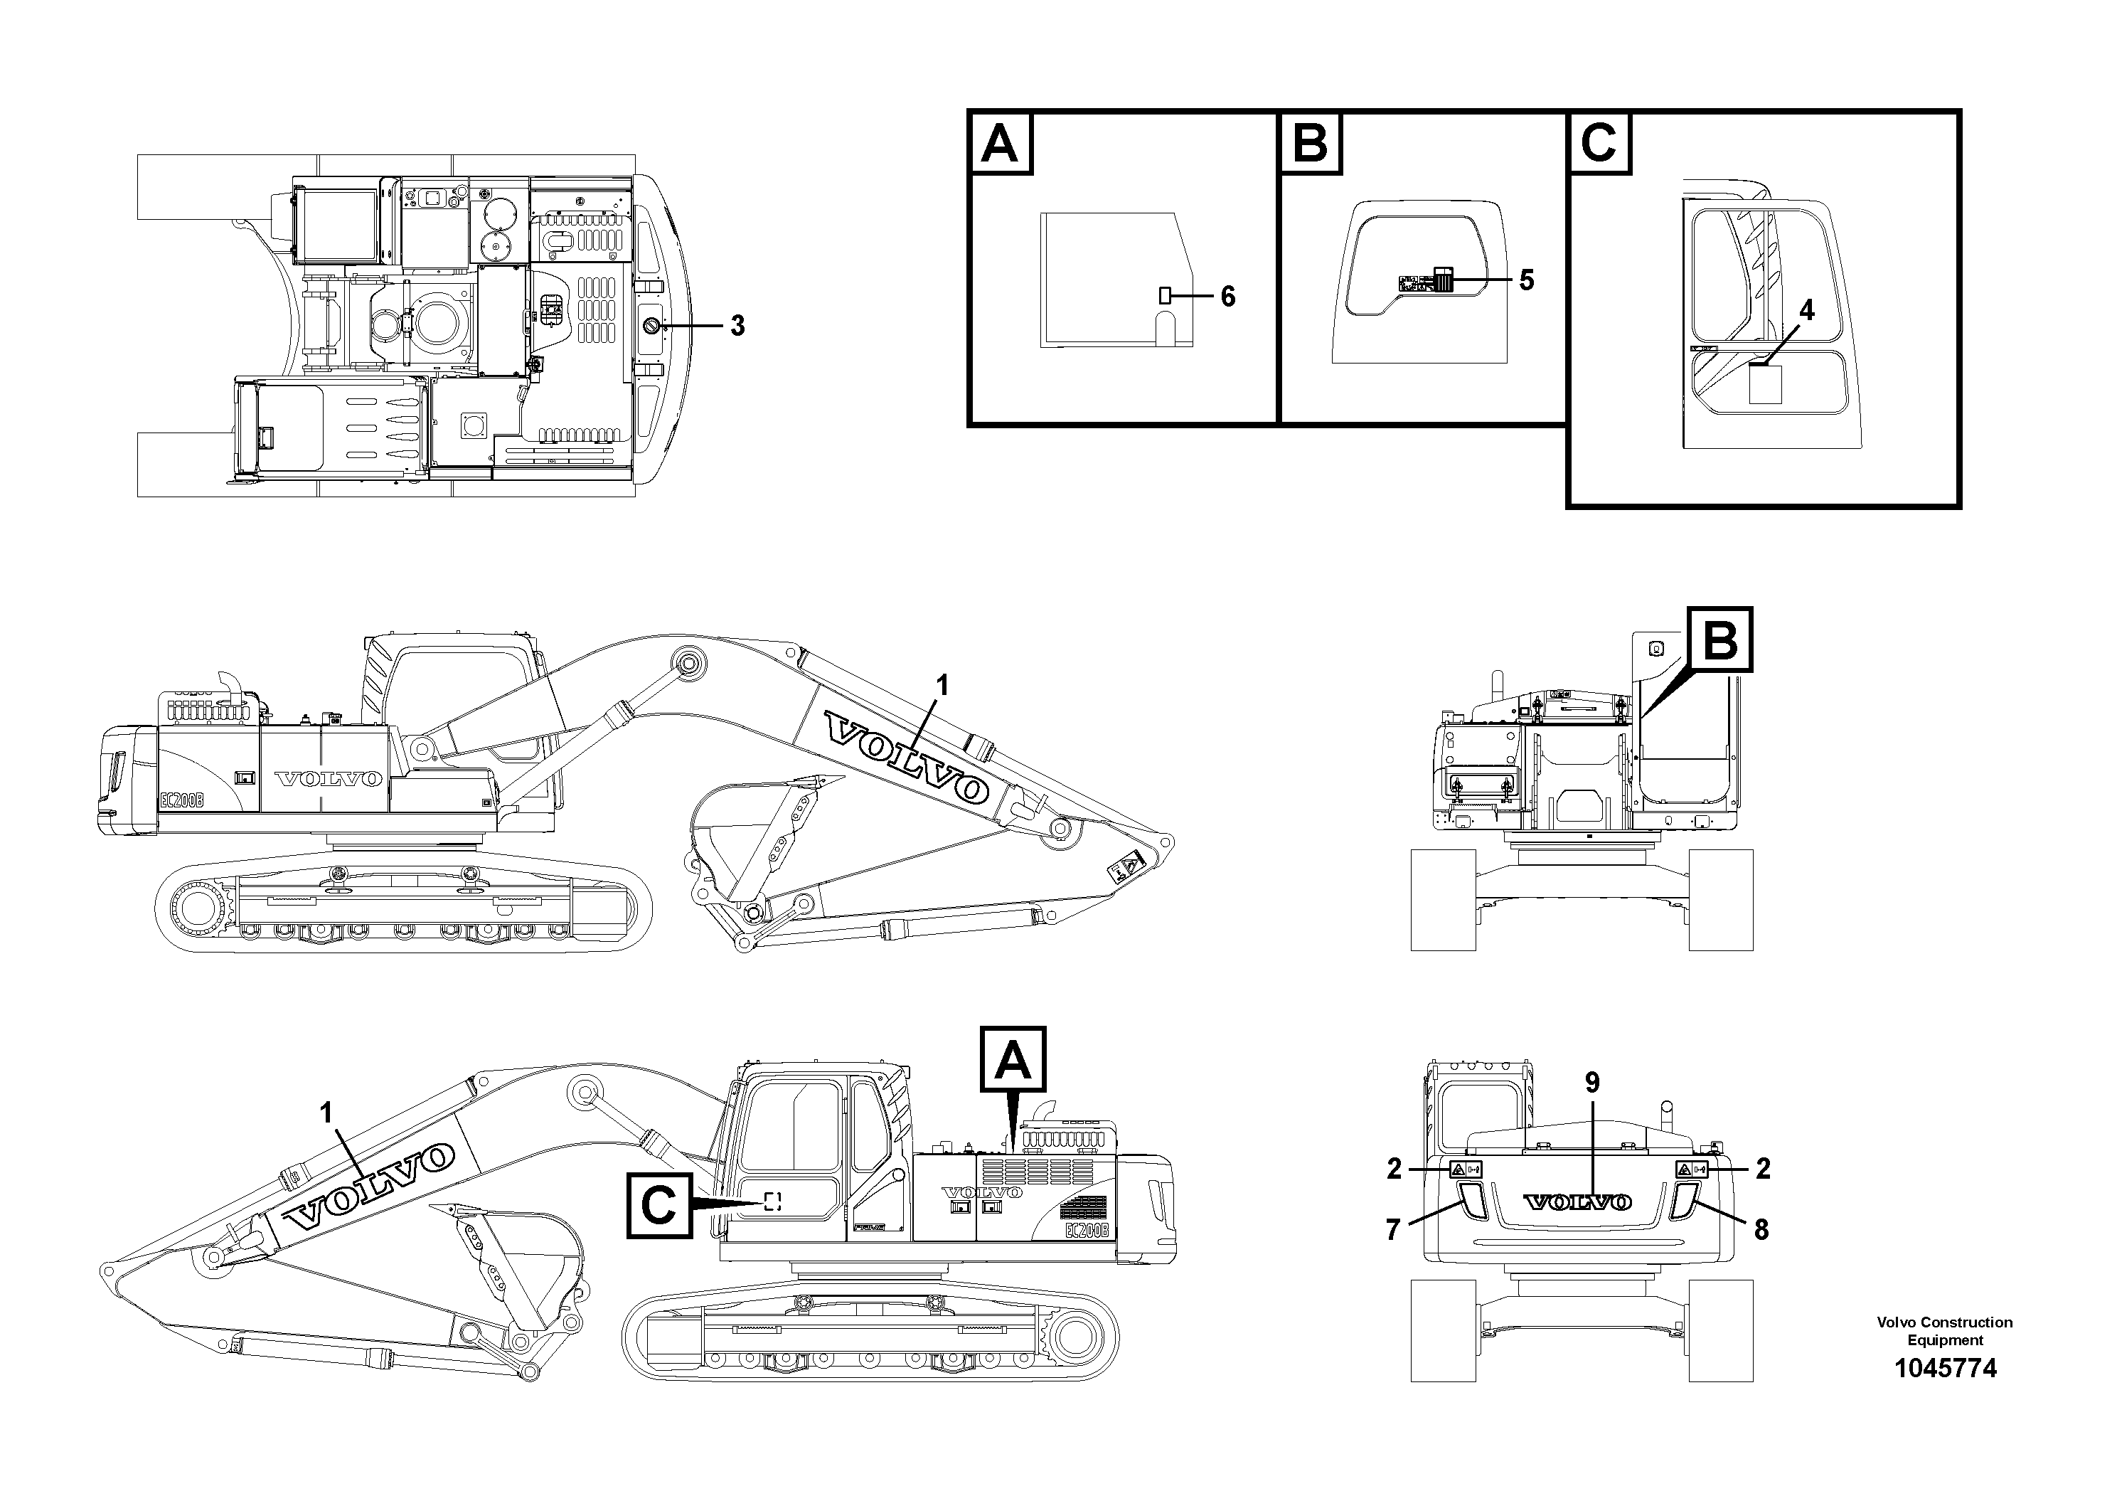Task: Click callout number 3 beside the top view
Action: (737, 326)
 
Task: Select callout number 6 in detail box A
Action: (1227, 296)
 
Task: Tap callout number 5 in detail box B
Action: (1526, 280)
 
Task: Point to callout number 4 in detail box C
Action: (1806, 311)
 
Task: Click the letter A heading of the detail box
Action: (1001, 144)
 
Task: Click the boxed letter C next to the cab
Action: (659, 1204)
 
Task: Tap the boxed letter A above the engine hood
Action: (1013, 1059)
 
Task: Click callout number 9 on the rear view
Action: (1592, 1083)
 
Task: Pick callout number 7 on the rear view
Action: (1392, 1229)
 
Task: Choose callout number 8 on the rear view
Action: (1761, 1229)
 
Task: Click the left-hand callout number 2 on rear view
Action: (1394, 1169)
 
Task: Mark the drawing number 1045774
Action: (1945, 1368)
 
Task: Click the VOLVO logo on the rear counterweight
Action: (1577, 1201)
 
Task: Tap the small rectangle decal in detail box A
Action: (1165, 296)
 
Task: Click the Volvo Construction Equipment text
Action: (1945, 1331)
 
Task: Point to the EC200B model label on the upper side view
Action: (181, 800)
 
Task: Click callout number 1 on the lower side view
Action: (326, 1113)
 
